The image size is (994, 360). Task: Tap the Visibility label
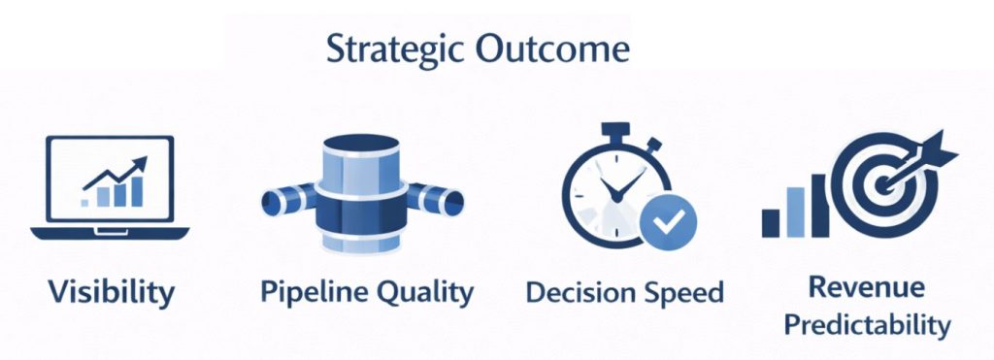[x=111, y=293]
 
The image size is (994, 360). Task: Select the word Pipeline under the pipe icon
[x=311, y=292]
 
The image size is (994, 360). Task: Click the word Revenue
[x=867, y=287]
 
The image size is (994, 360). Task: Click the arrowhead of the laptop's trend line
[x=140, y=164]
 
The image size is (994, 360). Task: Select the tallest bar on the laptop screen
[x=137, y=191]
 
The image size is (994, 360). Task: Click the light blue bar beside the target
[x=795, y=212]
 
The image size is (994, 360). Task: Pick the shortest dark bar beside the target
[x=771, y=223]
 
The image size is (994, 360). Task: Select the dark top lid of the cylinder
[x=361, y=142]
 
